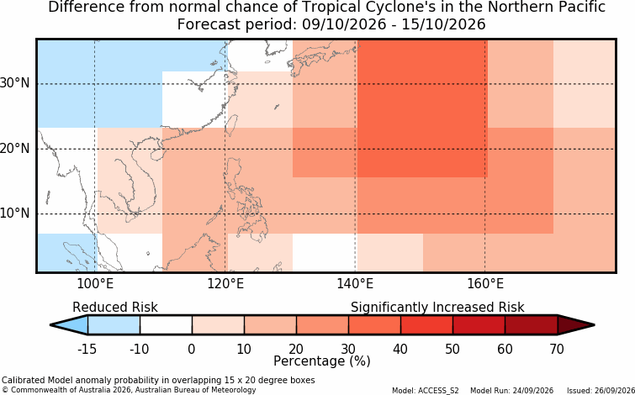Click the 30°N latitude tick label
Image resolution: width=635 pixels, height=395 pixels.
pyautogui.click(x=14, y=84)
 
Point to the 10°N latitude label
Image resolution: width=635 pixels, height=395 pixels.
pyautogui.click(x=14, y=213)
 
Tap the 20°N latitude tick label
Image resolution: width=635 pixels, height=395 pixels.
pyautogui.click(x=14, y=149)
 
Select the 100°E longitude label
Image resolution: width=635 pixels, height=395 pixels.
pyautogui.click(x=95, y=284)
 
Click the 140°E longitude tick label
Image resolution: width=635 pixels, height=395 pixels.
pyautogui.click(x=355, y=284)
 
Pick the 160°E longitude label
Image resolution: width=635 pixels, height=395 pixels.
pyautogui.click(x=485, y=284)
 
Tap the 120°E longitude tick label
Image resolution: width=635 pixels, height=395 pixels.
pyautogui.click(x=225, y=284)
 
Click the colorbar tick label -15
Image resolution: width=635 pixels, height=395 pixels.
pyautogui.click(x=87, y=349)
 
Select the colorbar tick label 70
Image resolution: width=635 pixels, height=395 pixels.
pyautogui.click(x=557, y=349)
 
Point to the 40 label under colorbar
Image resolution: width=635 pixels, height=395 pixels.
pyautogui.click(x=400, y=349)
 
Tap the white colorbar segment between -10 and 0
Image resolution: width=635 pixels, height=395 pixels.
pyautogui.click(x=166, y=324)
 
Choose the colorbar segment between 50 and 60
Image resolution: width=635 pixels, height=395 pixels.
pyautogui.click(x=479, y=324)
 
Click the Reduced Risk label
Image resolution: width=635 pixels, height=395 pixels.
pyautogui.click(x=115, y=308)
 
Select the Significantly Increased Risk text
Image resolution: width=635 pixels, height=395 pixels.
pyautogui.click(x=437, y=308)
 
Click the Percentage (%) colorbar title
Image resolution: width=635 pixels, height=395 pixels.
pyautogui.click(x=322, y=361)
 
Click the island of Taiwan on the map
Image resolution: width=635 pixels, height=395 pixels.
pyautogui.click(x=230, y=125)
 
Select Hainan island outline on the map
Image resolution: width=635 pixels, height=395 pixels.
pyautogui.click(x=156, y=155)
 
